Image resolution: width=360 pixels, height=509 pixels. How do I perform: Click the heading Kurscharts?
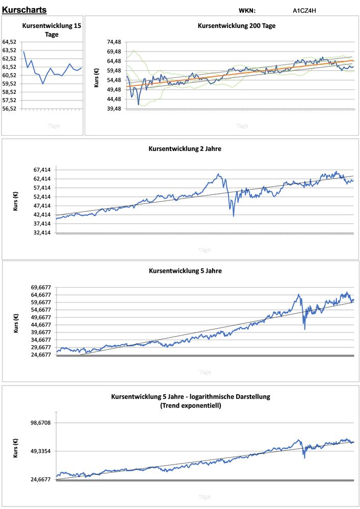point(24,10)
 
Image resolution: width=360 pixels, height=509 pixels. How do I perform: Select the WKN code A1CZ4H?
point(305,10)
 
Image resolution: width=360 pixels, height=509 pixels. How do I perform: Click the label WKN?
point(247,10)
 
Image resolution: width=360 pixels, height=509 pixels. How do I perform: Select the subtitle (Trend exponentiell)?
point(190,405)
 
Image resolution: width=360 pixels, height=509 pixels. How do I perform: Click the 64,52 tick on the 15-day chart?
point(10,42)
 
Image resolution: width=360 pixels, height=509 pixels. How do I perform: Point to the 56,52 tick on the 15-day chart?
point(10,109)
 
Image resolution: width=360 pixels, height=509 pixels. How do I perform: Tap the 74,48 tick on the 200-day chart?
point(114,42)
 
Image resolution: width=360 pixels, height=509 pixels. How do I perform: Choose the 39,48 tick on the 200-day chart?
point(114,109)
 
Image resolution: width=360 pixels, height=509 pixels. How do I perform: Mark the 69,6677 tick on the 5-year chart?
point(40,287)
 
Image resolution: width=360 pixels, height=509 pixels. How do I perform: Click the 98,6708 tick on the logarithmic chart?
point(40,423)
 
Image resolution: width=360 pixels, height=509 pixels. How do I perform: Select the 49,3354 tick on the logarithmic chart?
point(40,451)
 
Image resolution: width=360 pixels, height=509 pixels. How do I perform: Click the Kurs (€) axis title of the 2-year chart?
point(16,201)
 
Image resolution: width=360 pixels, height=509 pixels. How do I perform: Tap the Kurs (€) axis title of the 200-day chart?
point(96,75)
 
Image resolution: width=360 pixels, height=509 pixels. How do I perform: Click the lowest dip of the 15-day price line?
point(43,84)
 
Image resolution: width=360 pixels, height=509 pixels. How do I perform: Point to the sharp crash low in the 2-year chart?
point(234,216)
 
